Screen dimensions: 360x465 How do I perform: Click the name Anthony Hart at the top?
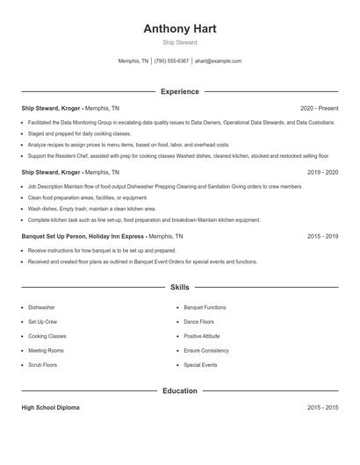[x=180, y=28]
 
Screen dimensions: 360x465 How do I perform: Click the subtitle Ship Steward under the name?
[x=180, y=42]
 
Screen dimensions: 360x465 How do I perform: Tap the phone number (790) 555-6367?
[x=171, y=61]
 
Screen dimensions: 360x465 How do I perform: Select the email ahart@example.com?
[x=218, y=61]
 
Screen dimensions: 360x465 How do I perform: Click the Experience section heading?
[x=180, y=91]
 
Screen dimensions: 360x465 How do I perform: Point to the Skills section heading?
[x=180, y=287]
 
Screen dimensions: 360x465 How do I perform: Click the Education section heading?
[x=180, y=390]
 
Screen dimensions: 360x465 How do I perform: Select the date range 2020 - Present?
[x=319, y=109]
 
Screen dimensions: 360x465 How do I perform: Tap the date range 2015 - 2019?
[x=322, y=236]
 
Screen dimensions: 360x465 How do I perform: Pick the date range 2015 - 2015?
[x=322, y=408]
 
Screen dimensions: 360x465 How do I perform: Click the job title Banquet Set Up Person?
[x=57, y=236]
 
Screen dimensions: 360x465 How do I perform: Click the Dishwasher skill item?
[x=41, y=308]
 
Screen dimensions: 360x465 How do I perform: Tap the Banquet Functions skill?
[x=205, y=308]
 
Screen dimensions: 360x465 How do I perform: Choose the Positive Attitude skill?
[x=203, y=336]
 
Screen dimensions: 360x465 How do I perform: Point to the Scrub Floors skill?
[x=43, y=364]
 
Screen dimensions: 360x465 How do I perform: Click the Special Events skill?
[x=200, y=364]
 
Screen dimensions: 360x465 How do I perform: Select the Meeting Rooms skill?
[x=46, y=350]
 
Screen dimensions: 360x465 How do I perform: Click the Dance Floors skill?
[x=198, y=322]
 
